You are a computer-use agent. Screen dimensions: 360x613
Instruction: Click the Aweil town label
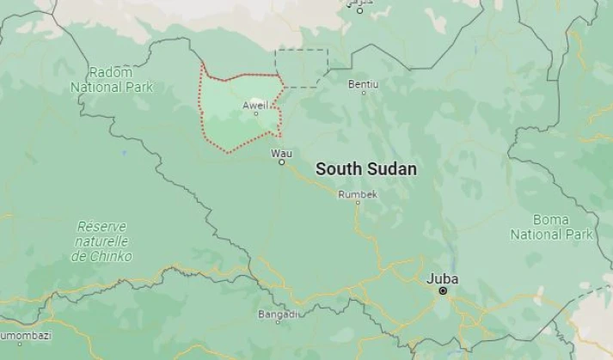click(x=255, y=105)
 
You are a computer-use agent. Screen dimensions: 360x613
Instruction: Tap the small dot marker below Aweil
click(x=255, y=113)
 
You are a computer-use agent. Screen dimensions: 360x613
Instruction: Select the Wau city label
click(x=281, y=153)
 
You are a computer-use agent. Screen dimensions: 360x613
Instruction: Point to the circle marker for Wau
click(x=281, y=162)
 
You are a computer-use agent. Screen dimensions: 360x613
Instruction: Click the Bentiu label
click(x=363, y=84)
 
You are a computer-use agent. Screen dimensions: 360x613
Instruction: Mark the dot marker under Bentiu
click(x=363, y=93)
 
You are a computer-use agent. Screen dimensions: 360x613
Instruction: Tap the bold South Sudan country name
click(x=366, y=169)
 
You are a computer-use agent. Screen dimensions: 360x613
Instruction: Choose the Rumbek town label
click(x=358, y=195)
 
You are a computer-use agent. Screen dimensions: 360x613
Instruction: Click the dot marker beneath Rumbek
click(x=358, y=204)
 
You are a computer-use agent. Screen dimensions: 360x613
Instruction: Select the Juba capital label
click(x=443, y=279)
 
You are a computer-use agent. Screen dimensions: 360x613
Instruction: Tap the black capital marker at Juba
click(x=443, y=291)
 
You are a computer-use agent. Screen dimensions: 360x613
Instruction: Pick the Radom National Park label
click(x=112, y=80)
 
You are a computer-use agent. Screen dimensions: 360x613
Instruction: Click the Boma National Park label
click(x=551, y=227)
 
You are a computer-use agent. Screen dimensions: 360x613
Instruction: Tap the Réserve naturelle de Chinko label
click(x=101, y=241)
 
